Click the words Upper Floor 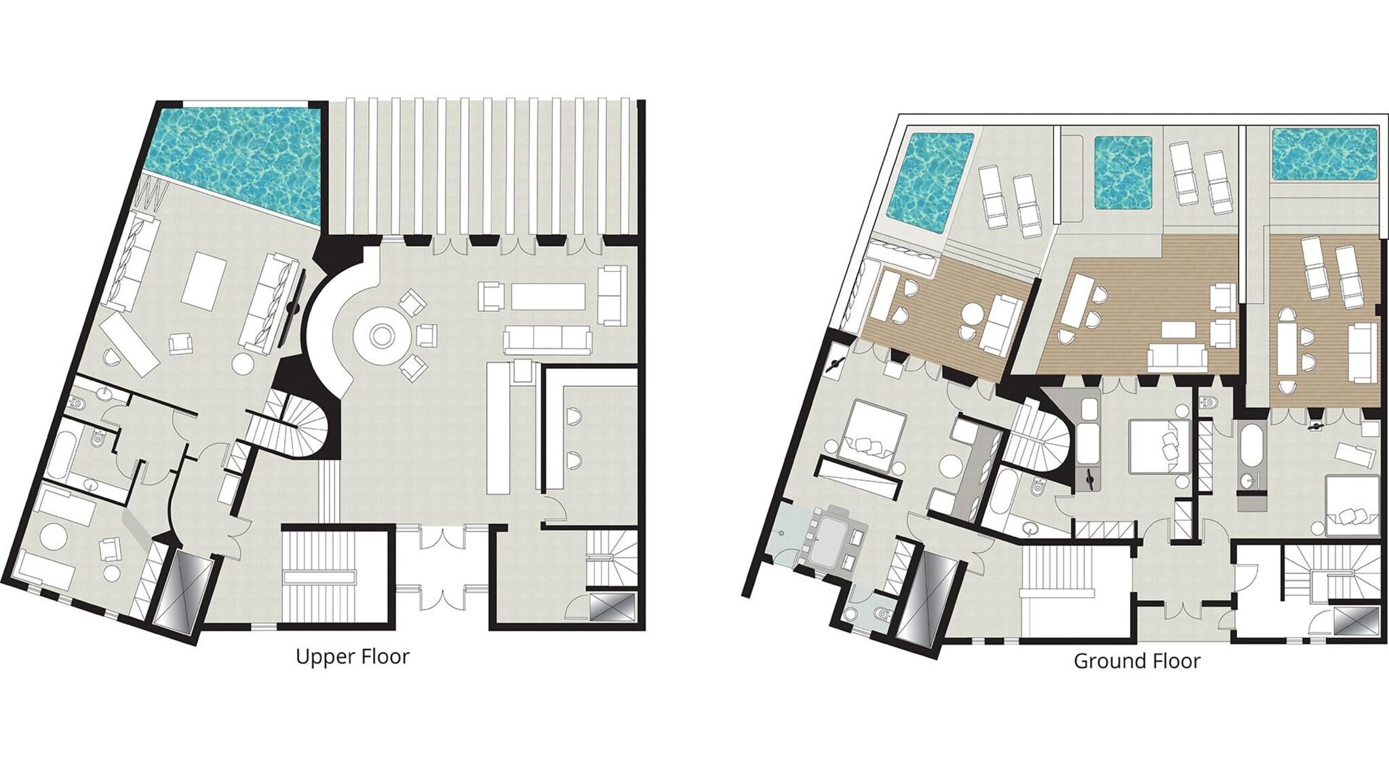tap(353, 657)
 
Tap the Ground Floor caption tap(1137, 661)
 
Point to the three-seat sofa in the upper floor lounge tap(547, 336)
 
